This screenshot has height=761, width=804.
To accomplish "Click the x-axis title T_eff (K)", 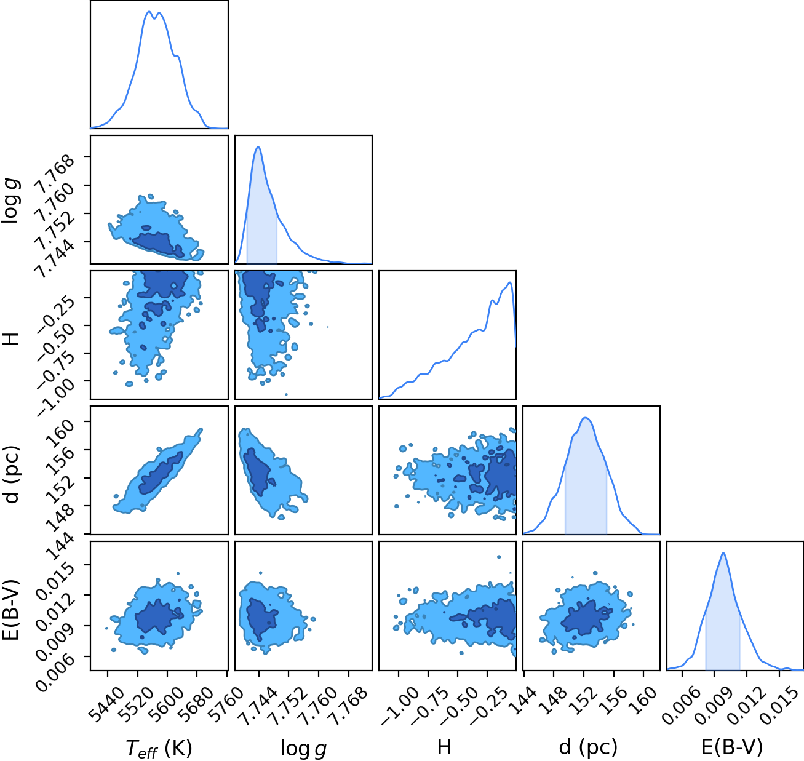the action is [x=159, y=748].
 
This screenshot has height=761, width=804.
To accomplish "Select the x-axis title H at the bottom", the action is [x=444, y=747].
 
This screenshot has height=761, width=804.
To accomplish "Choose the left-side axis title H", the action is [x=10, y=339].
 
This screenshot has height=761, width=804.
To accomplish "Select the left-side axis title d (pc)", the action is [x=12, y=474].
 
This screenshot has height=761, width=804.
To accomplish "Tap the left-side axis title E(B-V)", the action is [x=12, y=610].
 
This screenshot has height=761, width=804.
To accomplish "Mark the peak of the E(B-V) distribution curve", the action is [x=723, y=553].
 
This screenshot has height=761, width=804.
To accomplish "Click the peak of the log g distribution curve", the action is [x=258, y=147].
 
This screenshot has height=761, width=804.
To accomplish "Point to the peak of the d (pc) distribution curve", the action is [x=586, y=418].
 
